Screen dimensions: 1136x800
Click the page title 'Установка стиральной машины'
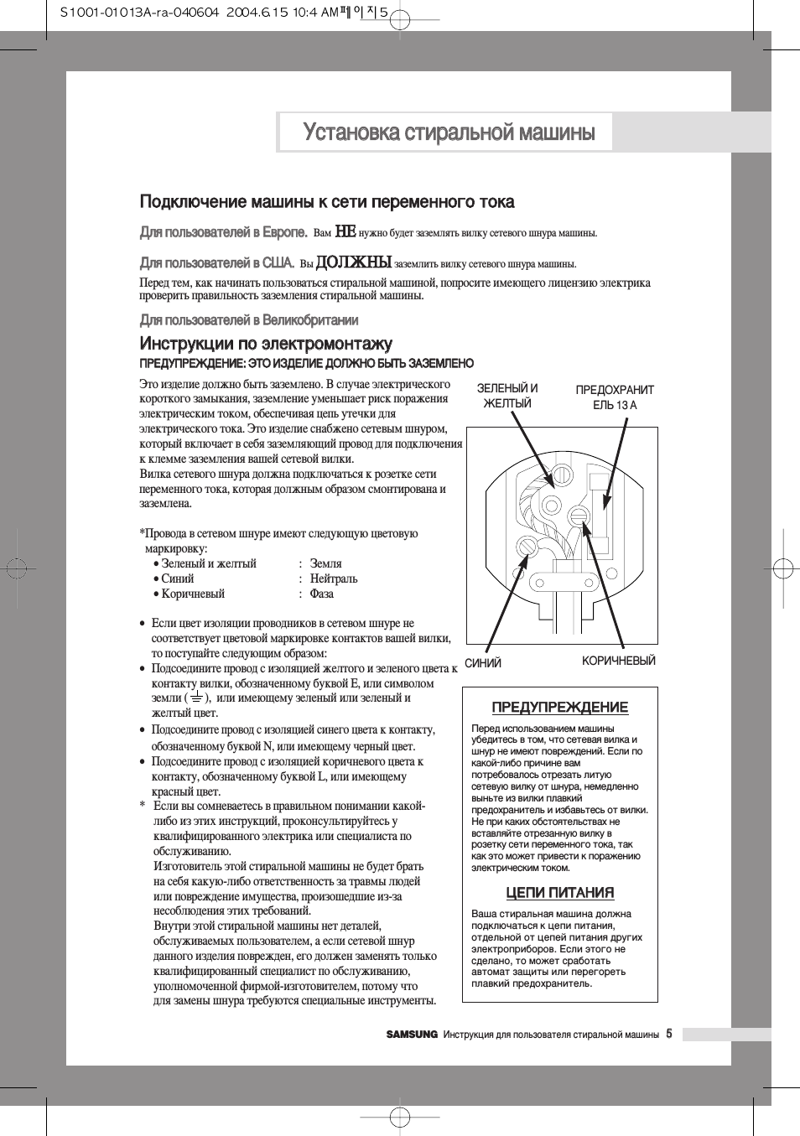click(x=449, y=132)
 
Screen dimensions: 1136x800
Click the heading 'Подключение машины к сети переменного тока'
click(x=327, y=202)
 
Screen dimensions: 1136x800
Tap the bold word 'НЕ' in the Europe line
click(x=345, y=232)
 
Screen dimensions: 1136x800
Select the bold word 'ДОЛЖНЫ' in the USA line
click(x=353, y=262)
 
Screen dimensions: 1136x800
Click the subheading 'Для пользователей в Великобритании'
click(x=249, y=320)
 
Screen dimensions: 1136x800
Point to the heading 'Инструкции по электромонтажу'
click(x=266, y=344)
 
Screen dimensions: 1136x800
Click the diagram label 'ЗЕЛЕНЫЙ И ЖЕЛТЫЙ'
click(x=507, y=396)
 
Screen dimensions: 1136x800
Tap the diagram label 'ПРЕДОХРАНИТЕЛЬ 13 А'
click(x=615, y=397)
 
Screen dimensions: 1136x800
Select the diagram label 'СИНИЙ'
click(x=483, y=663)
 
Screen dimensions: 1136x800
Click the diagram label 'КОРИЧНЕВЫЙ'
click(x=619, y=661)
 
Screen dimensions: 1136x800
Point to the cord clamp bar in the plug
click(x=563, y=582)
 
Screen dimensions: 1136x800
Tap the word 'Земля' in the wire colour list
click(x=325, y=564)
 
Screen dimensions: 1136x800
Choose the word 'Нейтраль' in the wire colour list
click(x=334, y=579)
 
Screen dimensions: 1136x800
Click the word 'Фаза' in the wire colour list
click(x=321, y=594)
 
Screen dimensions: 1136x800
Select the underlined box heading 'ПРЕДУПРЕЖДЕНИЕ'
click(x=559, y=708)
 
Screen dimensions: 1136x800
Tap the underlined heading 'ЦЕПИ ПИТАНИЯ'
click(x=560, y=893)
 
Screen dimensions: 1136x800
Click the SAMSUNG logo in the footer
click(x=412, y=1035)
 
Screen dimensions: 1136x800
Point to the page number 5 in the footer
click(x=669, y=1034)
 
